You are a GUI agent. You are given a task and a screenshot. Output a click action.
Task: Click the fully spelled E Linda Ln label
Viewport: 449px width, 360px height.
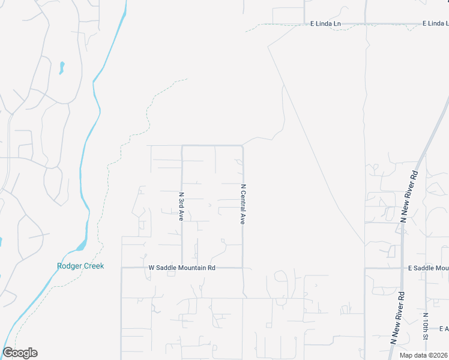click(x=325, y=24)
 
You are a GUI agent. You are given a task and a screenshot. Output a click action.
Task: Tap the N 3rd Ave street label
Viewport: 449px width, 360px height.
click(x=181, y=206)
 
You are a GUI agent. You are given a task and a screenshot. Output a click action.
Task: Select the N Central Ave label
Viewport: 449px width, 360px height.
click(x=243, y=204)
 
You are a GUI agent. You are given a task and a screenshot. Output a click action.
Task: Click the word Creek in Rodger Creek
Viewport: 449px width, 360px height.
click(x=94, y=266)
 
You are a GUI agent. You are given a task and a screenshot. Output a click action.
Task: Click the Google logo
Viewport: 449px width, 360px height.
click(x=20, y=353)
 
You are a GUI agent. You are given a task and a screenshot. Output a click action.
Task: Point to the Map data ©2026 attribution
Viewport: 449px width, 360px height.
click(x=423, y=355)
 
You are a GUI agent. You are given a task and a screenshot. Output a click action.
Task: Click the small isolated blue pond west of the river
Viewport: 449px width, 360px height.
click(x=61, y=67)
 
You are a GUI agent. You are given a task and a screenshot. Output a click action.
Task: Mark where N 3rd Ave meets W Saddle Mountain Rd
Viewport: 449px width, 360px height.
click(x=182, y=268)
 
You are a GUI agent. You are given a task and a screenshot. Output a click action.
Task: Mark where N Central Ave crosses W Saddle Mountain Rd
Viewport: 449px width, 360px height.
click(x=243, y=268)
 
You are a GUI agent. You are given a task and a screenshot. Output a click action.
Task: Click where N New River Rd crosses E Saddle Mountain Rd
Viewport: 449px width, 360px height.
click(x=402, y=268)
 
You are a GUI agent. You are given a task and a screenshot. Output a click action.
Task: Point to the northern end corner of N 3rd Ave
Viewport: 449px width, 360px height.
click(x=182, y=146)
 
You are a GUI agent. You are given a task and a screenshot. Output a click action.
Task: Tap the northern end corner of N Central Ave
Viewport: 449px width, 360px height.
click(x=243, y=146)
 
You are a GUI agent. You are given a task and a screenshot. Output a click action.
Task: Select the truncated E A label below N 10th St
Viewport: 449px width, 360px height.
click(x=444, y=328)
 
